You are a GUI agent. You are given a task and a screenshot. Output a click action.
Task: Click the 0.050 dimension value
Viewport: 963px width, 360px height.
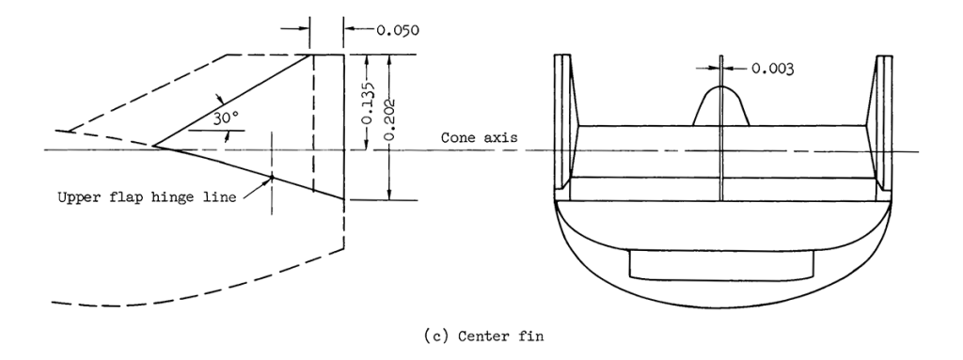point(398,29)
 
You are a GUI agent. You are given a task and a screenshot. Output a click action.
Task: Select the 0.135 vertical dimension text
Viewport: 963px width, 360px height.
point(367,102)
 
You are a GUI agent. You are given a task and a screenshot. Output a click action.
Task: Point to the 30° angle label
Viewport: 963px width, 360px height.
point(226,119)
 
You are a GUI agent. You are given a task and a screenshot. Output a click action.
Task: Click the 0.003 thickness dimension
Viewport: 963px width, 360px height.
point(773,69)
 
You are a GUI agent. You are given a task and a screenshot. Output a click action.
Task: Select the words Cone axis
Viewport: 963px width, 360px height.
point(479,137)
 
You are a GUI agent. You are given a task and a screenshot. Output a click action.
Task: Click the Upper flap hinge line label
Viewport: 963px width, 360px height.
point(147,197)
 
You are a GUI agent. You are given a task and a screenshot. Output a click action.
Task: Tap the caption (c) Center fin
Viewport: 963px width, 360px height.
point(483,337)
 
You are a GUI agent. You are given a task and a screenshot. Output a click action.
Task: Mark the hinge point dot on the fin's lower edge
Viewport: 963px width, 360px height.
point(272,177)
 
